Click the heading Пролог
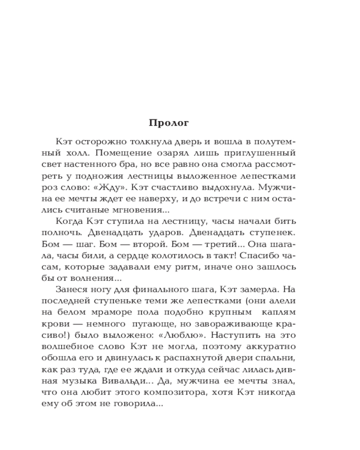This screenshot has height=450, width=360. tap(169, 123)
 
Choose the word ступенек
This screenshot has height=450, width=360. tap(275, 234)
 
